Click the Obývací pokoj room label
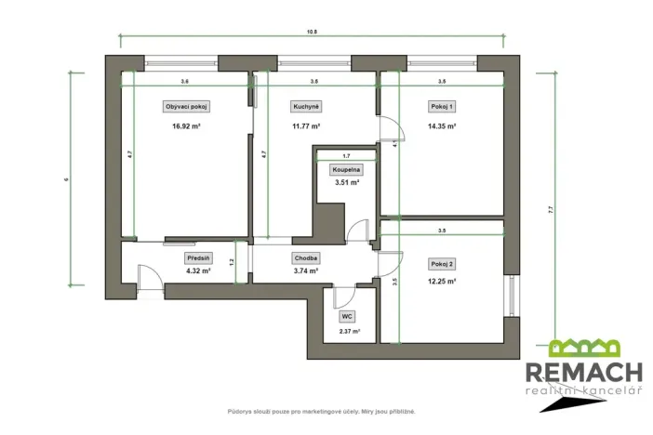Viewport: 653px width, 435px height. point(185,107)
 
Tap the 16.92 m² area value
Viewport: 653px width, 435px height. point(185,126)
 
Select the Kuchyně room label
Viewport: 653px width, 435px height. point(306,107)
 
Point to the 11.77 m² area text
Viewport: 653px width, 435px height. point(306,126)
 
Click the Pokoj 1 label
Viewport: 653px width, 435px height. point(442,107)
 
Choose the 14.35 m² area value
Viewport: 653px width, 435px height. point(442,126)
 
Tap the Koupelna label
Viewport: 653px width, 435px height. point(346,170)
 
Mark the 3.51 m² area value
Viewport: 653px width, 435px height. point(346,183)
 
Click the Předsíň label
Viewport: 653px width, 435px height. point(198,258)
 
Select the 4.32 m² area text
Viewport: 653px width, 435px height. point(198,271)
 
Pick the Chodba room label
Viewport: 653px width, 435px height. point(306,258)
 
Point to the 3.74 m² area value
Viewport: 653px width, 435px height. point(306,271)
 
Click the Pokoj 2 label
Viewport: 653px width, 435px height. point(442,264)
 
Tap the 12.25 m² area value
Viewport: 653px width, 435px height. point(442,281)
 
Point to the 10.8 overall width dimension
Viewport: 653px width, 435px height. point(312,32)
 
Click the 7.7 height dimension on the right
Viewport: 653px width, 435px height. point(551,210)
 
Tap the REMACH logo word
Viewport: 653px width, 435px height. point(585,373)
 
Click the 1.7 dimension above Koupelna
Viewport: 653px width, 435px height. point(346,156)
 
